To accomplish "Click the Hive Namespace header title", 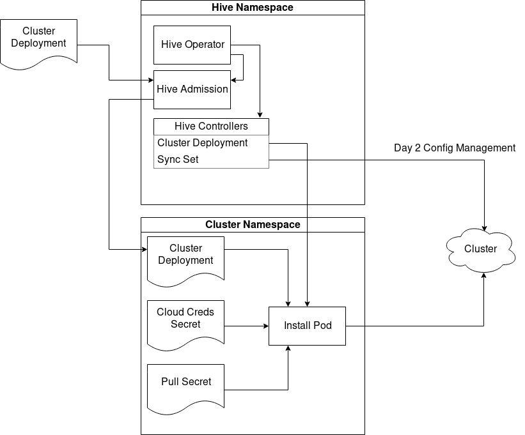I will (x=252, y=8).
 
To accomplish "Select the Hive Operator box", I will (x=192, y=45).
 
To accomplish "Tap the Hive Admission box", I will (x=192, y=89).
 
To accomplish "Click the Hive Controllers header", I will (x=211, y=126).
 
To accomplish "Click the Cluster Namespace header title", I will (x=252, y=225).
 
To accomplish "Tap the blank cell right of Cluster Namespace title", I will (x=336, y=225).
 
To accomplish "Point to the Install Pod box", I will (x=307, y=326).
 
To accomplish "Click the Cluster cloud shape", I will (x=480, y=249).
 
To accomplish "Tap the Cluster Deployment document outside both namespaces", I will (x=38, y=40).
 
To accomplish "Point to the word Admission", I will (x=205, y=89).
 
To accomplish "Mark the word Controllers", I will (x=223, y=126).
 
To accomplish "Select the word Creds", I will (x=200, y=312).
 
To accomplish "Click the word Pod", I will (x=322, y=326).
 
